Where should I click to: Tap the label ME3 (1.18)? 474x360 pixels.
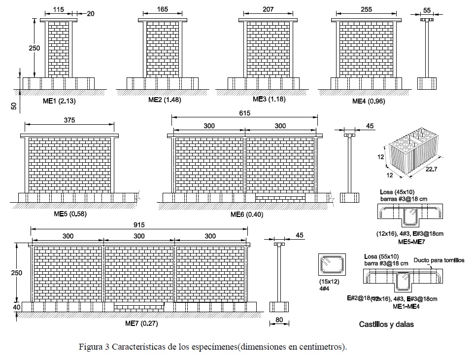point(267,99)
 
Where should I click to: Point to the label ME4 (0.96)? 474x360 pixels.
point(368,101)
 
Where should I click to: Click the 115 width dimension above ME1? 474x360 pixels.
point(59,9)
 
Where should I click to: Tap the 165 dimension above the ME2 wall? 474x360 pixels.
point(162,9)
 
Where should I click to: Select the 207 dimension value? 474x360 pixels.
point(268,9)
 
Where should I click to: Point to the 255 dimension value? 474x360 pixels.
point(366,9)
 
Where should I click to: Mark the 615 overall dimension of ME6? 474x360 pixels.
point(245,113)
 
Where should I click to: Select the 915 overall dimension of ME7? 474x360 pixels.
point(139,225)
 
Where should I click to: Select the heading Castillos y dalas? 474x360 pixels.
point(386,324)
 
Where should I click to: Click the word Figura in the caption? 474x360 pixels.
point(90,346)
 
